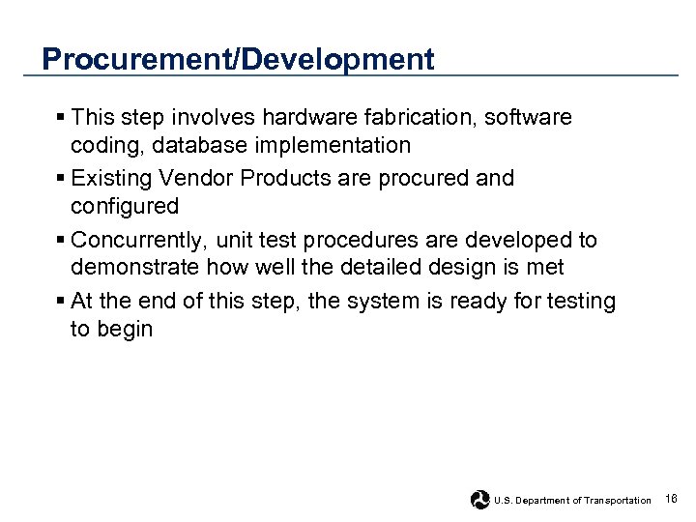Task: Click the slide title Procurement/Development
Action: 238,60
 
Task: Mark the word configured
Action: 125,207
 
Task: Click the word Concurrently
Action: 139,239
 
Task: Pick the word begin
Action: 126,329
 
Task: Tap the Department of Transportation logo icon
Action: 479,499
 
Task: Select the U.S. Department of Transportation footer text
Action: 572,500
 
